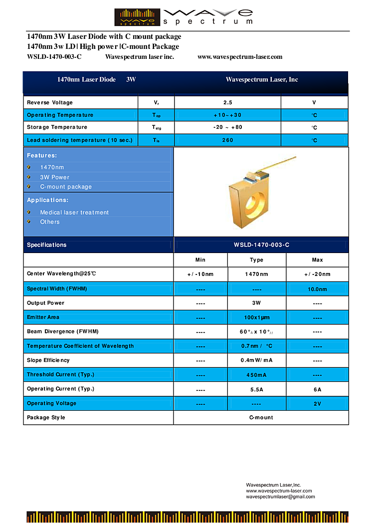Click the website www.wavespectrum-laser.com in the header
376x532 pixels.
coord(240,57)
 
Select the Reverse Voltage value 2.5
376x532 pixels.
coord(227,102)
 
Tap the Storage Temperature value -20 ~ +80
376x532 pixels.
coord(227,127)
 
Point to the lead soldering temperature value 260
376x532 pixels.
coord(227,140)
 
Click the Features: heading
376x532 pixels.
coord(42,155)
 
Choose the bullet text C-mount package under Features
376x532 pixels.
coord(66,187)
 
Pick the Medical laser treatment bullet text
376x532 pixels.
coord(74,213)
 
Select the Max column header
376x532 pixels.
coord(317,260)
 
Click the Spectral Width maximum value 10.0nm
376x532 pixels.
coord(317,289)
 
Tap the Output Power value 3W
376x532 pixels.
coord(256,303)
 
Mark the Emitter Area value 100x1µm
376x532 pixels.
coord(256,317)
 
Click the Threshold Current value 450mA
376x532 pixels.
coord(256,375)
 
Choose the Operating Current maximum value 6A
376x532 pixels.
coord(317,389)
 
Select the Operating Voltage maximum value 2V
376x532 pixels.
coord(317,404)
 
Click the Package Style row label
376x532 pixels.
coord(46,418)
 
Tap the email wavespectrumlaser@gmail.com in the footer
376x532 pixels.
coord(280,497)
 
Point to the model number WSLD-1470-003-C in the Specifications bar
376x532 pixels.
coord(261,245)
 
